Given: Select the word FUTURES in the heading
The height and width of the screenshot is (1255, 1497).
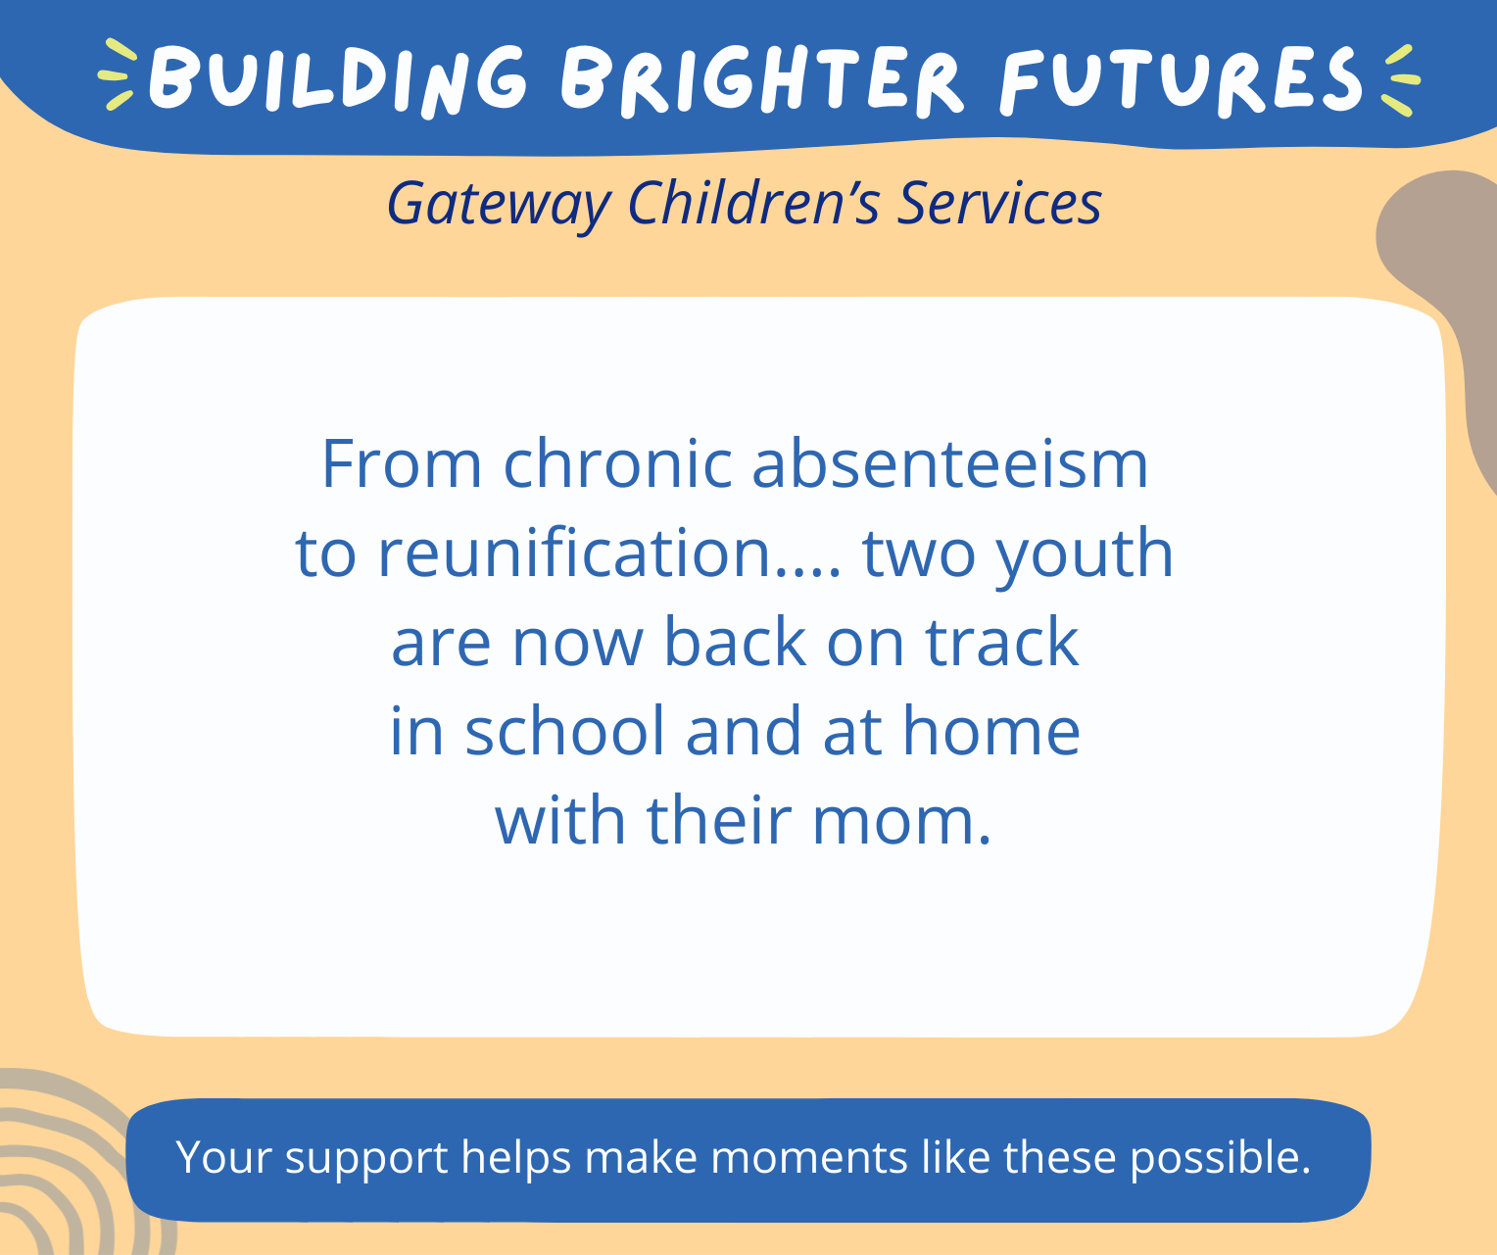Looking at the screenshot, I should click(1182, 78).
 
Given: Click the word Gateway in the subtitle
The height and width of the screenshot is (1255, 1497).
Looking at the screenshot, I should click(498, 204).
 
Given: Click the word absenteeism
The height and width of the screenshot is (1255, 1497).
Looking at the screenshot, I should click(949, 464).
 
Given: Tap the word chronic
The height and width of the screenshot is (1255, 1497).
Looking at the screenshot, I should click(617, 464).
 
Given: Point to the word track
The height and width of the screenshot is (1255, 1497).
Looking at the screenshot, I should click(1002, 643).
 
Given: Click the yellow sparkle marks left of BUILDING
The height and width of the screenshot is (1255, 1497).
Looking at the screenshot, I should click(118, 75).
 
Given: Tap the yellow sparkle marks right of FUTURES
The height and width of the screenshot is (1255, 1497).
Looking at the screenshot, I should click(1400, 78).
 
